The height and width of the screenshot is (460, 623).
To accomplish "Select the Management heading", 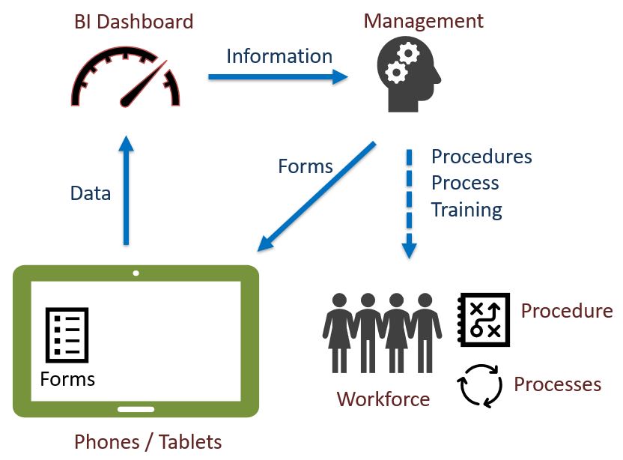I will (x=423, y=20).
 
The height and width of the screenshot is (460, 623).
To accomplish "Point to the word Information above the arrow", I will (x=279, y=56).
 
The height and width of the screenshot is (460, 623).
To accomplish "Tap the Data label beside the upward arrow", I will (x=91, y=193).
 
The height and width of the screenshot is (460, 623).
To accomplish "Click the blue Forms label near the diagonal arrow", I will (x=305, y=166).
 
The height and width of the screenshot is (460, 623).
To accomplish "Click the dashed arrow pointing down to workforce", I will (x=410, y=203).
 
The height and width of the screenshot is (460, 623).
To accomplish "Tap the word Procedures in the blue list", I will (x=481, y=157).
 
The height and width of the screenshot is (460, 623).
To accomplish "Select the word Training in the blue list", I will (x=467, y=210).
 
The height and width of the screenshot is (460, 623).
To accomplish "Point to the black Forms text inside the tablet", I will (x=67, y=378).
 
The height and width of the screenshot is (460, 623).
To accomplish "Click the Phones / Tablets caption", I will (x=148, y=441).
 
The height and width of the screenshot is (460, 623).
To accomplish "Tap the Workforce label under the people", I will (x=383, y=399).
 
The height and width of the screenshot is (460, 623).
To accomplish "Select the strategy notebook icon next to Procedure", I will (x=483, y=319).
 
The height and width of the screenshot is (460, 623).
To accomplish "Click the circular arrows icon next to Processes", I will (x=479, y=384).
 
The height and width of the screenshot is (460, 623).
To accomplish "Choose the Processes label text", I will (x=557, y=384).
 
